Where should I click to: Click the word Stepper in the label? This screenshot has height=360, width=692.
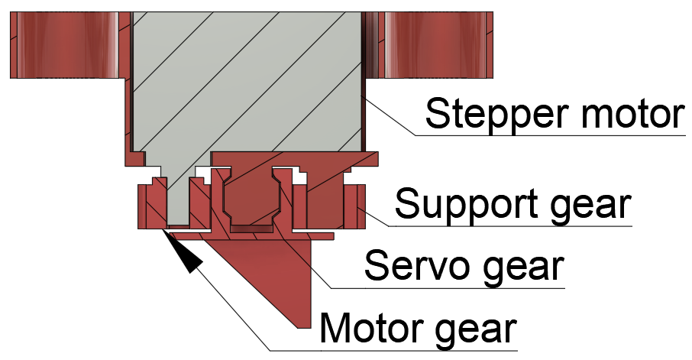tap(496, 114)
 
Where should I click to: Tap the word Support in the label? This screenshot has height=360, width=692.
tap(467, 205)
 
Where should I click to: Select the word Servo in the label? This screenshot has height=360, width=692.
tap(416, 265)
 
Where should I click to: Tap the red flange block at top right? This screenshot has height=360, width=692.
tap(435, 45)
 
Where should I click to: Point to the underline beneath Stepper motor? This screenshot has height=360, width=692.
tap(550, 135)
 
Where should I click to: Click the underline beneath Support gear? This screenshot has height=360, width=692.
tap(510, 226)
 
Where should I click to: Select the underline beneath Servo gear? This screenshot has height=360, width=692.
tap(448, 288)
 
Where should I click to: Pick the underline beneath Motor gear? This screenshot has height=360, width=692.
tap(393, 351)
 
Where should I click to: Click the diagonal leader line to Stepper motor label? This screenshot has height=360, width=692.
tap(388, 115)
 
